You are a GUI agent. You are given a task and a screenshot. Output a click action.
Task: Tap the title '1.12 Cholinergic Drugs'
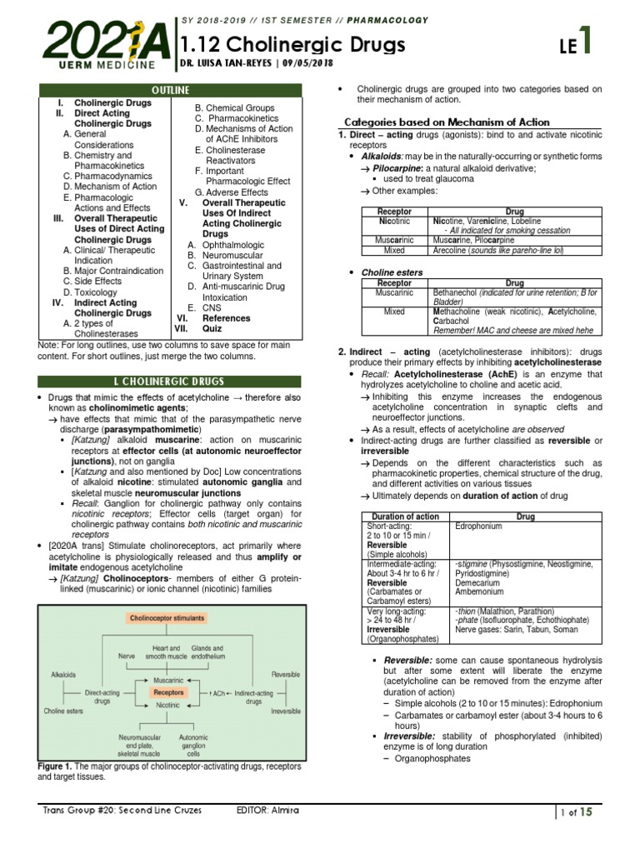(293, 45)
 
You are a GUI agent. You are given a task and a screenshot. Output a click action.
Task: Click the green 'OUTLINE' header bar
(170, 90)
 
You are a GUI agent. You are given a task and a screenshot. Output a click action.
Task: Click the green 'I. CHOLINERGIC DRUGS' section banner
(170, 382)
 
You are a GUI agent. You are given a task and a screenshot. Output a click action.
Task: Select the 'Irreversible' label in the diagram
(286, 711)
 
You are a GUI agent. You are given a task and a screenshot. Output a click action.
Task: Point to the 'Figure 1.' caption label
(57, 766)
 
